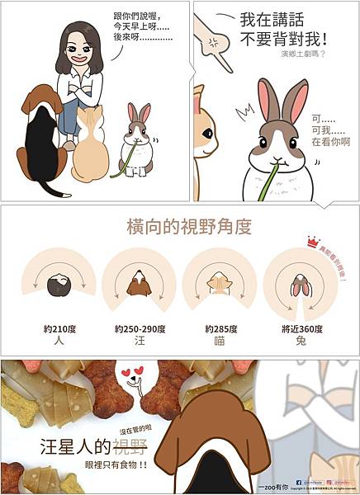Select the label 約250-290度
140,328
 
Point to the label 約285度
220,328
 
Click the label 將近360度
301,328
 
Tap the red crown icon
312,242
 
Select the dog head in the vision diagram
139,285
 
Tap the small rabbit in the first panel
137,144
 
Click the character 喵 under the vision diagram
220,340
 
